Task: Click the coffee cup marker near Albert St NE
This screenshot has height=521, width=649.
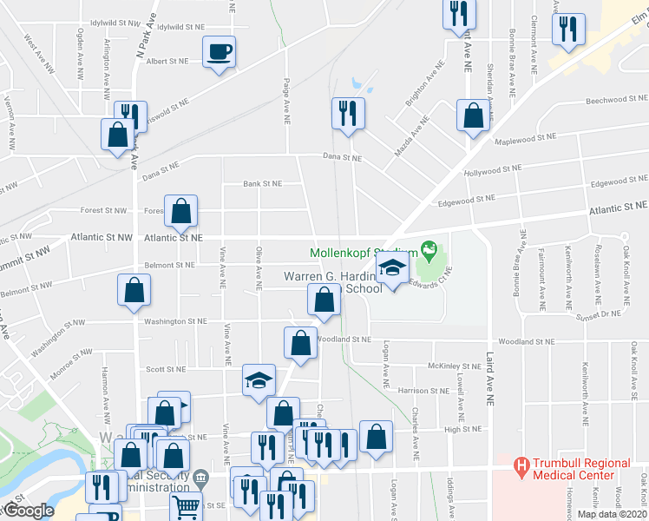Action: [219, 50]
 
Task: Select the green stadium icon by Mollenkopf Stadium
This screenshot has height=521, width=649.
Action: [428, 250]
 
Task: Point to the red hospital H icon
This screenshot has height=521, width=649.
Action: [521, 465]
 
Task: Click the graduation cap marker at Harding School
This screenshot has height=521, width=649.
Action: [392, 270]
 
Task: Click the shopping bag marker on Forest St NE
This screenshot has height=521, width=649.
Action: [180, 211]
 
